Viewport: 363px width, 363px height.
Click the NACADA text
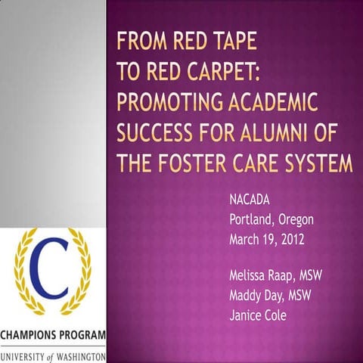[250, 202]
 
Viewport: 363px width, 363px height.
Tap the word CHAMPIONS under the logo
[31, 335]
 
